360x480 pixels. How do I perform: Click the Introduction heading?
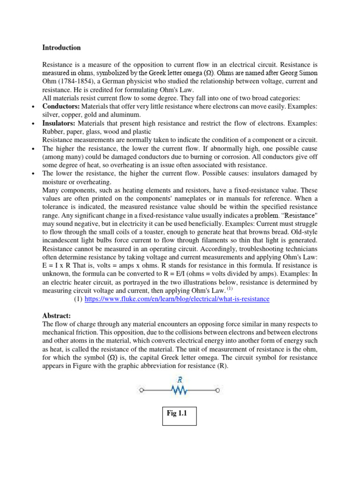click(x=61, y=48)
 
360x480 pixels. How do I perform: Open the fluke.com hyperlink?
click(x=177, y=299)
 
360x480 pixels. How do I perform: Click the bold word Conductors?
click(x=61, y=107)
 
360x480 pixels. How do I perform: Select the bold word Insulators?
click(x=59, y=123)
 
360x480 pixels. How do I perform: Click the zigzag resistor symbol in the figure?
click(x=179, y=390)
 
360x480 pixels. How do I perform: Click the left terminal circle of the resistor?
click(x=142, y=390)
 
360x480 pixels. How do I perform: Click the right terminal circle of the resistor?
click(x=217, y=390)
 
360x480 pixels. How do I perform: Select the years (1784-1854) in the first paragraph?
click(x=75, y=82)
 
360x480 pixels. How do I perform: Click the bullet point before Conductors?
click(x=33, y=107)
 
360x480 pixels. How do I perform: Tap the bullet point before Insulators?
click(x=33, y=124)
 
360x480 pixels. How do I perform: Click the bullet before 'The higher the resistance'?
click(x=33, y=149)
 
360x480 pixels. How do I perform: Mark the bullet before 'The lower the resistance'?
click(x=33, y=174)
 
